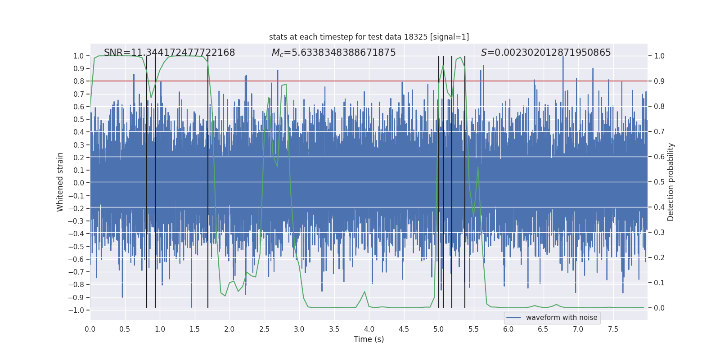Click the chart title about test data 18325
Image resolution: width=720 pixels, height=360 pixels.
(x=369, y=37)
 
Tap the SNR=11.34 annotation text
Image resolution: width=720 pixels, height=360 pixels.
(x=169, y=53)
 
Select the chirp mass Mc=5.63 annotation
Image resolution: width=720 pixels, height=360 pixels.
(x=333, y=53)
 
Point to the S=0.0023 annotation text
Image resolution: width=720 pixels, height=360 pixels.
(x=546, y=53)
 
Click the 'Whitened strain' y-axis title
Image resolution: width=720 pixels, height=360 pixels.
(x=60, y=182)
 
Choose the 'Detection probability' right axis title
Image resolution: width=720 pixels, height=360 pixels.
(x=671, y=182)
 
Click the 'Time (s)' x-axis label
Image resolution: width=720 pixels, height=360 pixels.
(x=369, y=339)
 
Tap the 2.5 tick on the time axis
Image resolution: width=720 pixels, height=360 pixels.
(x=264, y=329)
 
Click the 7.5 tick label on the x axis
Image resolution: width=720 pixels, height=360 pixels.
(x=613, y=329)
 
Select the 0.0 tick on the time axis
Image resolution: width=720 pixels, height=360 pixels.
(x=90, y=329)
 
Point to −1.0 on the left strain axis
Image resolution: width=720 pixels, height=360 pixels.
(x=76, y=310)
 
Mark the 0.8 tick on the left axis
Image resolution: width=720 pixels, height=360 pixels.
(x=78, y=81)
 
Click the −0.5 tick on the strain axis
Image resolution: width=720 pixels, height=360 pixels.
(x=76, y=247)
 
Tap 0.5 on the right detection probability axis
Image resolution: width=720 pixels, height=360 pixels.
(x=659, y=182)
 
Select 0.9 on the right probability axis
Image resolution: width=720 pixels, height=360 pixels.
(x=659, y=81)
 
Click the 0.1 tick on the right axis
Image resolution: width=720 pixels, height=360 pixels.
(x=659, y=283)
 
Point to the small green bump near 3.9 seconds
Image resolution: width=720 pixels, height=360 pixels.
(x=364, y=292)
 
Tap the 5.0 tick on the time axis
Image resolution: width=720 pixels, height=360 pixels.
(x=439, y=329)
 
